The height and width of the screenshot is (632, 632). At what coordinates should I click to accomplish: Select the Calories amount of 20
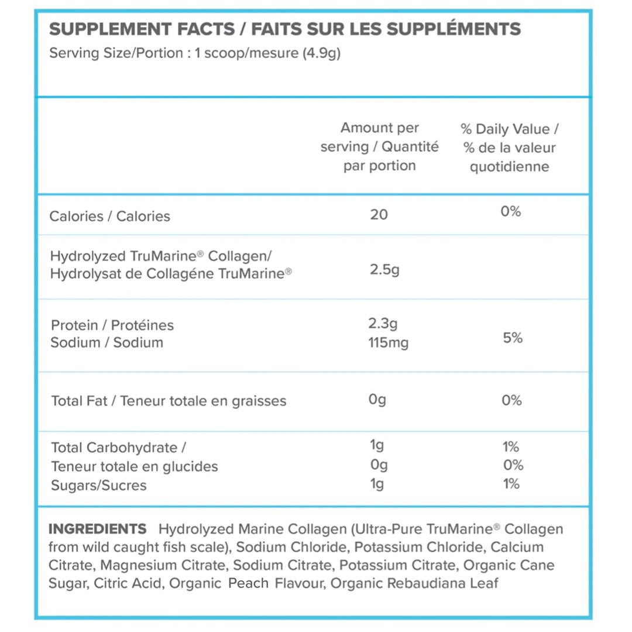379,215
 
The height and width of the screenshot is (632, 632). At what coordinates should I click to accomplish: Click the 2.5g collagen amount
384,270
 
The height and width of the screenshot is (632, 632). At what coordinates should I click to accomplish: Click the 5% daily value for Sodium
513,338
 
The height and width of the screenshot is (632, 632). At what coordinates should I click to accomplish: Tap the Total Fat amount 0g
377,400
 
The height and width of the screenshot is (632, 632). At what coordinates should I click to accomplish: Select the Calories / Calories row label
110,217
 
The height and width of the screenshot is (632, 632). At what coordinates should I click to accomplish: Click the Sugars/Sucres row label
99,486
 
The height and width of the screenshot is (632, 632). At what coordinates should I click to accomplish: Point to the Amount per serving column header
379,146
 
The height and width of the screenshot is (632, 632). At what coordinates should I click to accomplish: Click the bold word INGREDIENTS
97,530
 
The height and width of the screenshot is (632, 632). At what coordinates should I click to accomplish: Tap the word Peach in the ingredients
248,583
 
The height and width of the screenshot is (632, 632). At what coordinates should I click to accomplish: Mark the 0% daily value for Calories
511,212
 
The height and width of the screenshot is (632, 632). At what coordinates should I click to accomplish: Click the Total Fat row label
169,401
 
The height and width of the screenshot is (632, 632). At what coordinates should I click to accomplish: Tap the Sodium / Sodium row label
107,343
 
